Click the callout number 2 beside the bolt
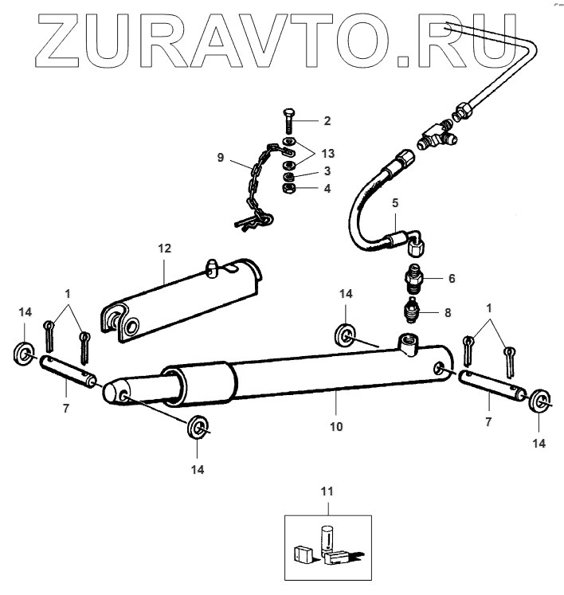tap(326, 121)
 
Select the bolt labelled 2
tap(288, 123)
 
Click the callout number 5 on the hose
tap(394, 203)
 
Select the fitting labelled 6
tap(415, 278)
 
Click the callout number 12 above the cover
tap(164, 249)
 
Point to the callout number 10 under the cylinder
tap(336, 427)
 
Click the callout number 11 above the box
tap(327, 491)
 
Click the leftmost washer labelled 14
tap(24, 351)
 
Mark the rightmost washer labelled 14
tap(540, 401)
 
